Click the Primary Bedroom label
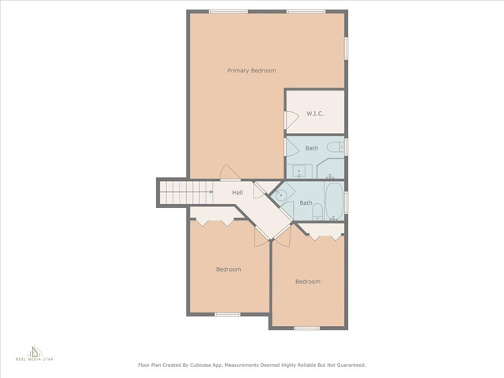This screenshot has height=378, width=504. pyautogui.click(x=252, y=71)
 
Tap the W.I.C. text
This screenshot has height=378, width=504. pyautogui.click(x=315, y=113)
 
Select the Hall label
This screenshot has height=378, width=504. pyautogui.click(x=238, y=192)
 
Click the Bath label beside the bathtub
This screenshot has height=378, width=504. pyautogui.click(x=306, y=203)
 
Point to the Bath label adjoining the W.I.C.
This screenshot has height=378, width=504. pyautogui.click(x=312, y=148)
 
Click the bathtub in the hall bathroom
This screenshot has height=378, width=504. pyautogui.click(x=334, y=202)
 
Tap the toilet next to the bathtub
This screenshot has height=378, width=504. pyautogui.click(x=317, y=212)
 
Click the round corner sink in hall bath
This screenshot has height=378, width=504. pyautogui.click(x=281, y=195)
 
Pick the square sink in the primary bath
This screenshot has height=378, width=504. pyautogui.click(x=299, y=171)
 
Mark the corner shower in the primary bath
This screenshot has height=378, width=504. pyautogui.click(x=331, y=169)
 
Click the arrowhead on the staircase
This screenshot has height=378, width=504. pyautogui.click(x=211, y=192)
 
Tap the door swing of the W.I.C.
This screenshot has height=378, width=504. pyautogui.click(x=292, y=120)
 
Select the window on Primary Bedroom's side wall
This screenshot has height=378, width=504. pyautogui.click(x=346, y=49)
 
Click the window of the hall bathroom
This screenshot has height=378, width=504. pyautogui.click(x=346, y=202)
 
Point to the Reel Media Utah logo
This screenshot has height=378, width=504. pyautogui.click(x=35, y=354)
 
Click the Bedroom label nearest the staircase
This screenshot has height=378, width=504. pyautogui.click(x=228, y=269)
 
